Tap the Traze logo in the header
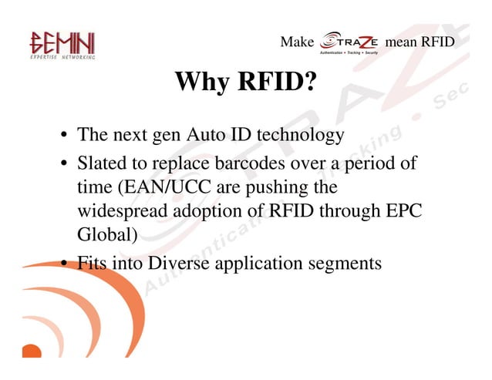(x=349, y=42)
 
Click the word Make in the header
(x=296, y=42)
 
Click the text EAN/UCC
(x=168, y=187)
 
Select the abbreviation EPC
(x=403, y=212)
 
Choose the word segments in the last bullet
(x=345, y=263)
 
